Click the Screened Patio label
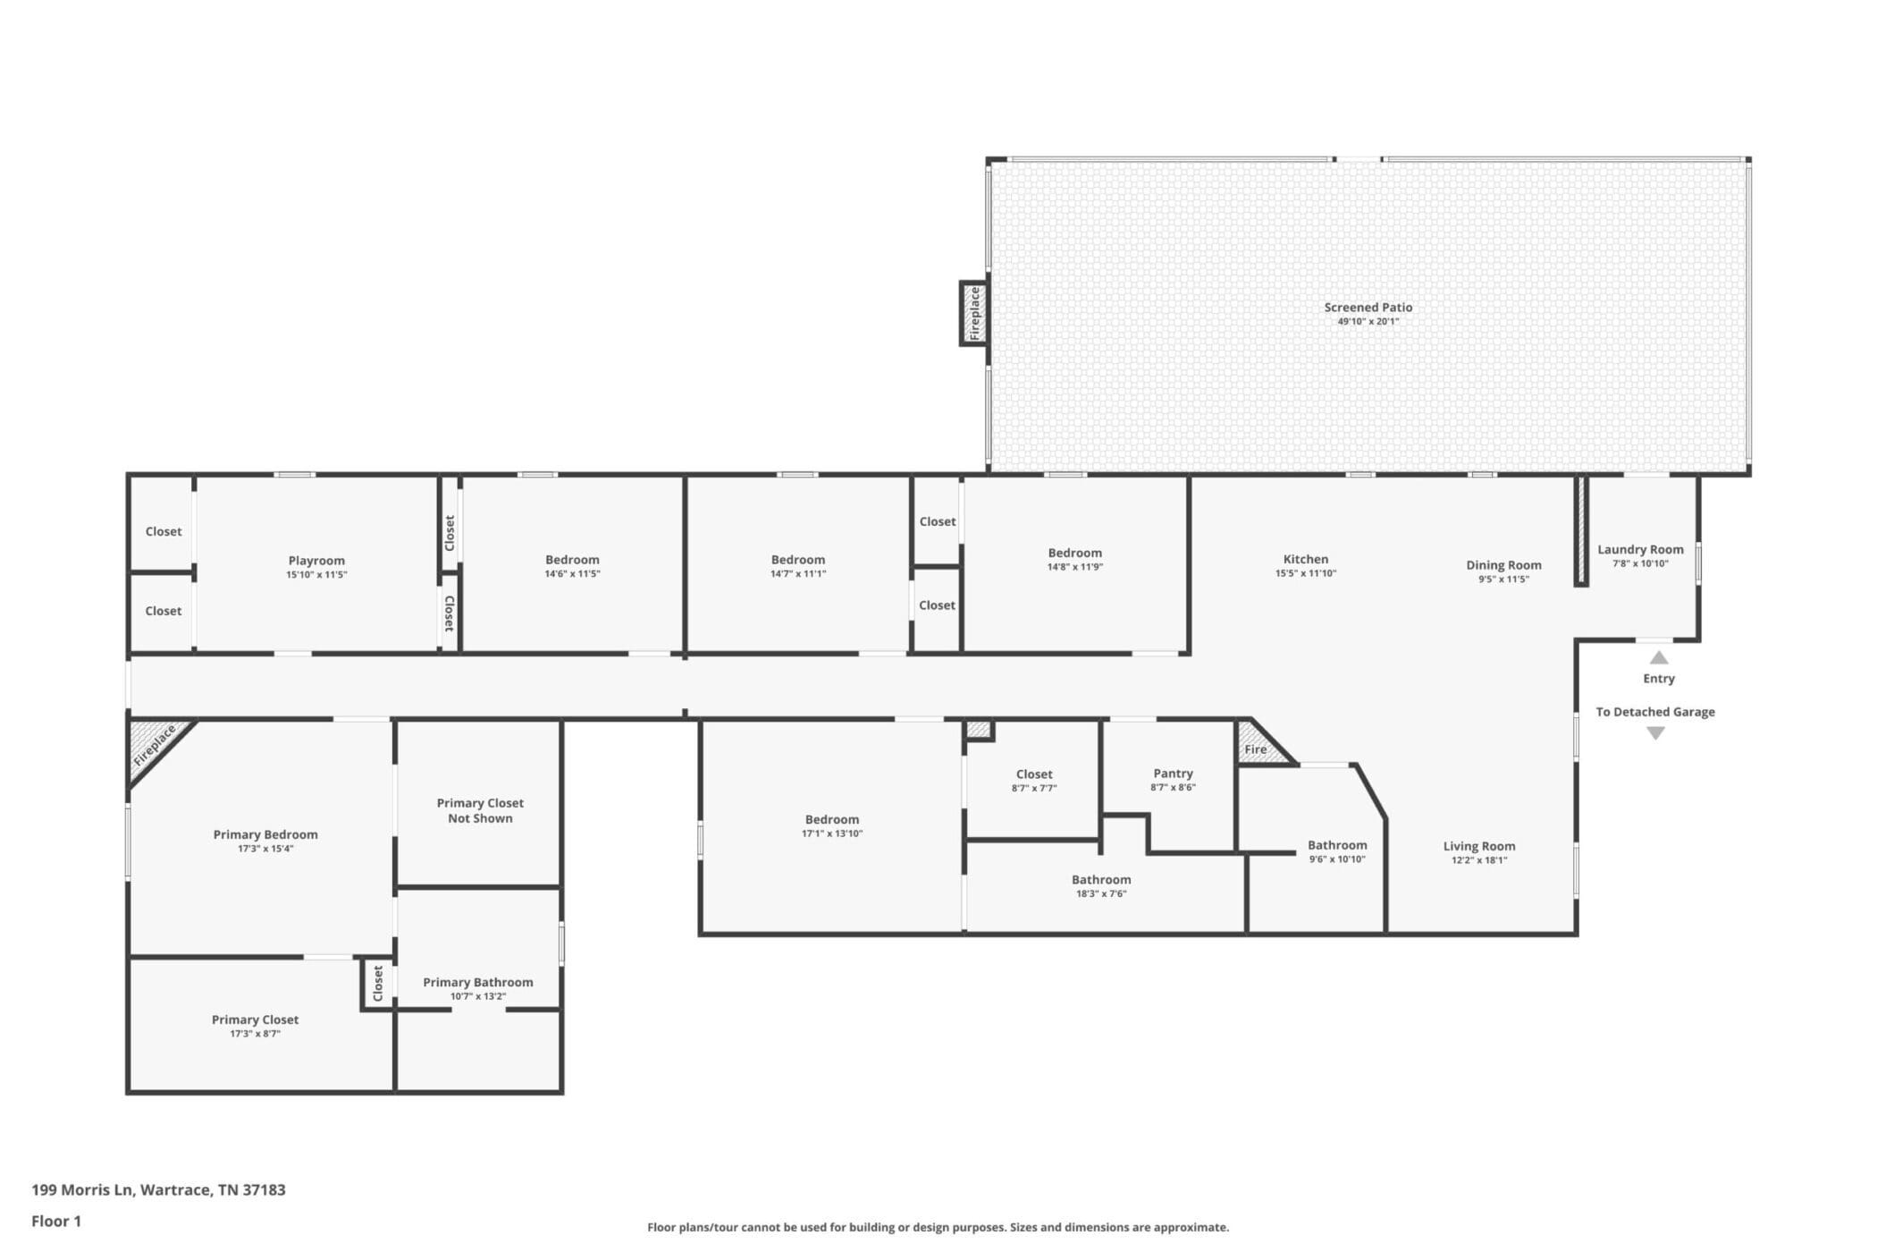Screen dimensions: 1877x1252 pyautogui.click(x=1368, y=307)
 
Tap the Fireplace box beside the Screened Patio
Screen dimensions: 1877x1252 pyautogui.click(x=973, y=313)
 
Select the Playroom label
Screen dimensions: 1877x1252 pyautogui.click(x=316, y=561)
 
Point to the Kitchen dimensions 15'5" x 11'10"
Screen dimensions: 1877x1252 pyautogui.click(x=1305, y=573)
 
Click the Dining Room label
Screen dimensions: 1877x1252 pyautogui.click(x=1503, y=565)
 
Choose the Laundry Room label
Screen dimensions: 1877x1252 pyautogui.click(x=1640, y=550)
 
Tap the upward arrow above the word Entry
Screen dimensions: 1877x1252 pyautogui.click(x=1659, y=657)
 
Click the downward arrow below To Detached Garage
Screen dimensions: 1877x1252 pyautogui.click(x=1655, y=733)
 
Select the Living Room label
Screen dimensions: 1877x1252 pyautogui.click(x=1479, y=846)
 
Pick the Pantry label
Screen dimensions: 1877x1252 pyautogui.click(x=1173, y=774)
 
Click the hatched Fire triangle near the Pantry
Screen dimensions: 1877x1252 pyautogui.click(x=1260, y=744)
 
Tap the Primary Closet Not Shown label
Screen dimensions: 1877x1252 pyautogui.click(x=480, y=810)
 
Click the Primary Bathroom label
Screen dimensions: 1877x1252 pyautogui.click(x=478, y=982)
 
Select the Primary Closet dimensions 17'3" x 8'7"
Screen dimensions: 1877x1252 pyautogui.click(x=255, y=1034)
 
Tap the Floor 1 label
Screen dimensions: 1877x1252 pyautogui.click(x=56, y=1221)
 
